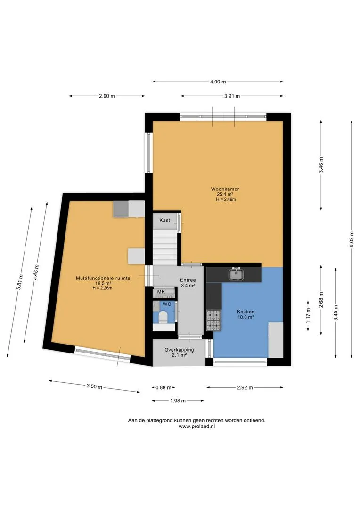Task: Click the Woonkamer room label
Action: tap(225, 189)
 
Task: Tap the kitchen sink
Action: tap(236, 274)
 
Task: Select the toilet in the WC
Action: tap(162, 317)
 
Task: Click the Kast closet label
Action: tap(164, 220)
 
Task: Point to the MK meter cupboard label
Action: tap(161, 292)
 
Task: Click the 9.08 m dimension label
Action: tap(352, 239)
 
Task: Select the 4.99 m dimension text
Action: tap(218, 82)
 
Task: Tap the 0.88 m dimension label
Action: tap(164, 387)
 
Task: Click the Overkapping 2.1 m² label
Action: tap(179, 352)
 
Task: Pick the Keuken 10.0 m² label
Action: tap(245, 314)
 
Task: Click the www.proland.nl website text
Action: tap(196, 427)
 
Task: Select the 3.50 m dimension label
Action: tap(94, 386)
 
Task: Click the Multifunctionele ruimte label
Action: tap(103, 278)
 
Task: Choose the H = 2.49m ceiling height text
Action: tap(226, 200)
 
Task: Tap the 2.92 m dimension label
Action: tap(245, 387)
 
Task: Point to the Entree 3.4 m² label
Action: tap(188, 283)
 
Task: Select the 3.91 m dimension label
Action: tap(232, 96)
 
